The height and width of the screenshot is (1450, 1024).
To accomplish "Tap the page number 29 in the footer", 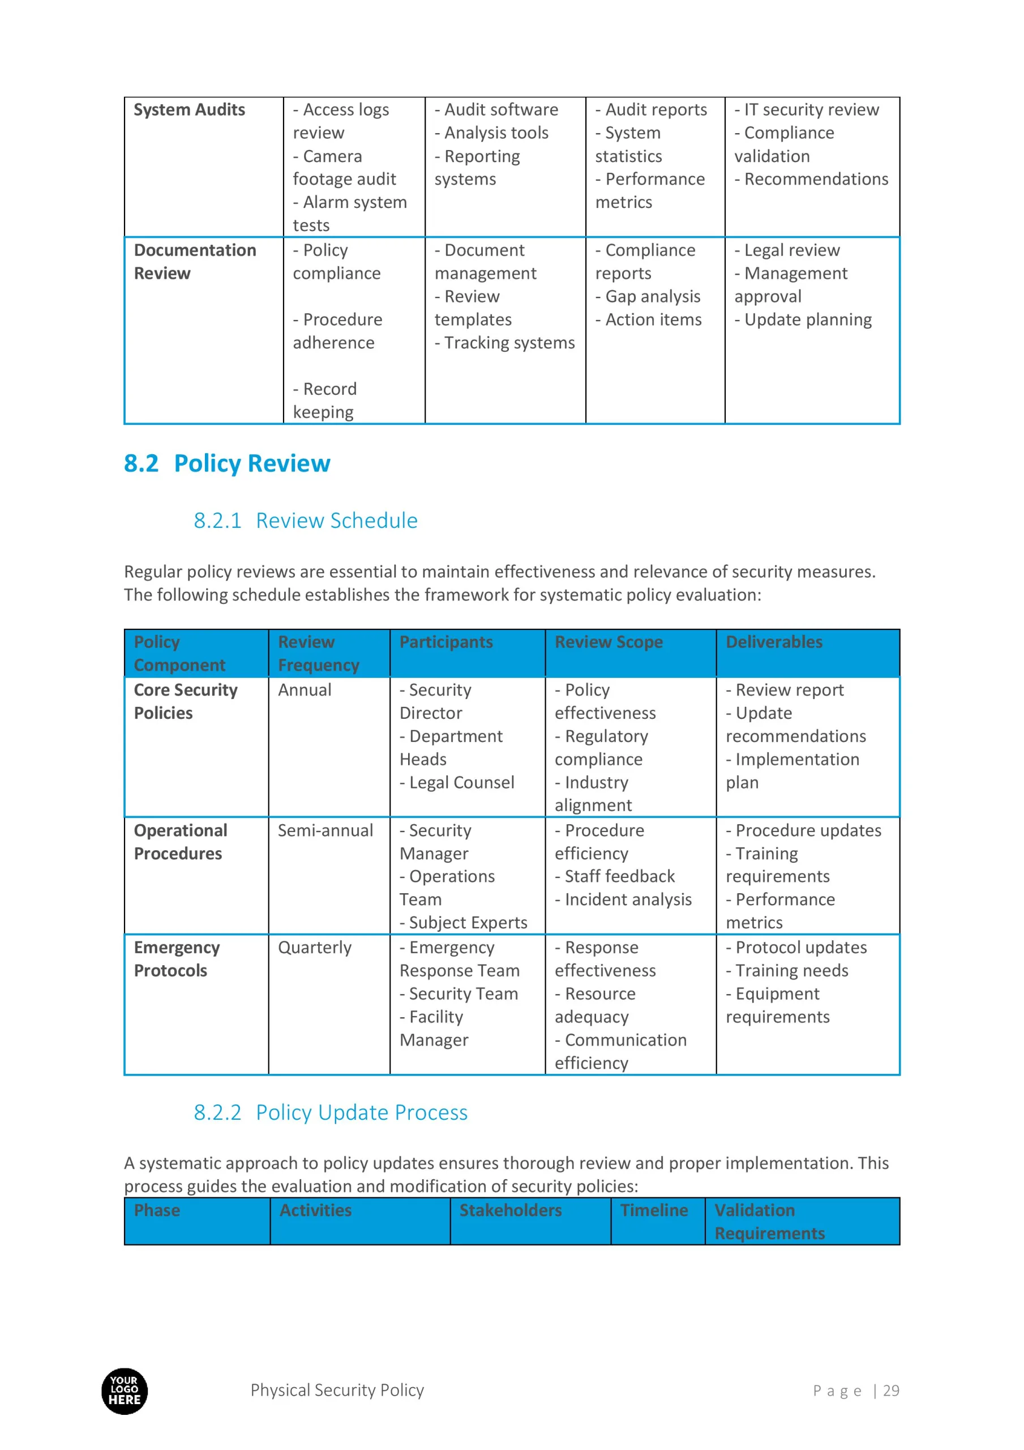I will [891, 1391].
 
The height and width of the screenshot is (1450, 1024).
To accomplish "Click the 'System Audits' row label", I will [190, 110].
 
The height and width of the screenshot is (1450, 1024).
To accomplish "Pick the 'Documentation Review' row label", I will [195, 262].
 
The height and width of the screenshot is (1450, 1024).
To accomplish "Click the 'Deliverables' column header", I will [774, 642].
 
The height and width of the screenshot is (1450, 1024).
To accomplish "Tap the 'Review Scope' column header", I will [609, 642].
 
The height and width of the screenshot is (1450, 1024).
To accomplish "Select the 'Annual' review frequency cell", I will [305, 690].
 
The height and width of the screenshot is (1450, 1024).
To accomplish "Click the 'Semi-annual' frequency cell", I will [325, 830].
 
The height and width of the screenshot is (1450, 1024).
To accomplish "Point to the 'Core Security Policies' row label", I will [186, 702].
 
